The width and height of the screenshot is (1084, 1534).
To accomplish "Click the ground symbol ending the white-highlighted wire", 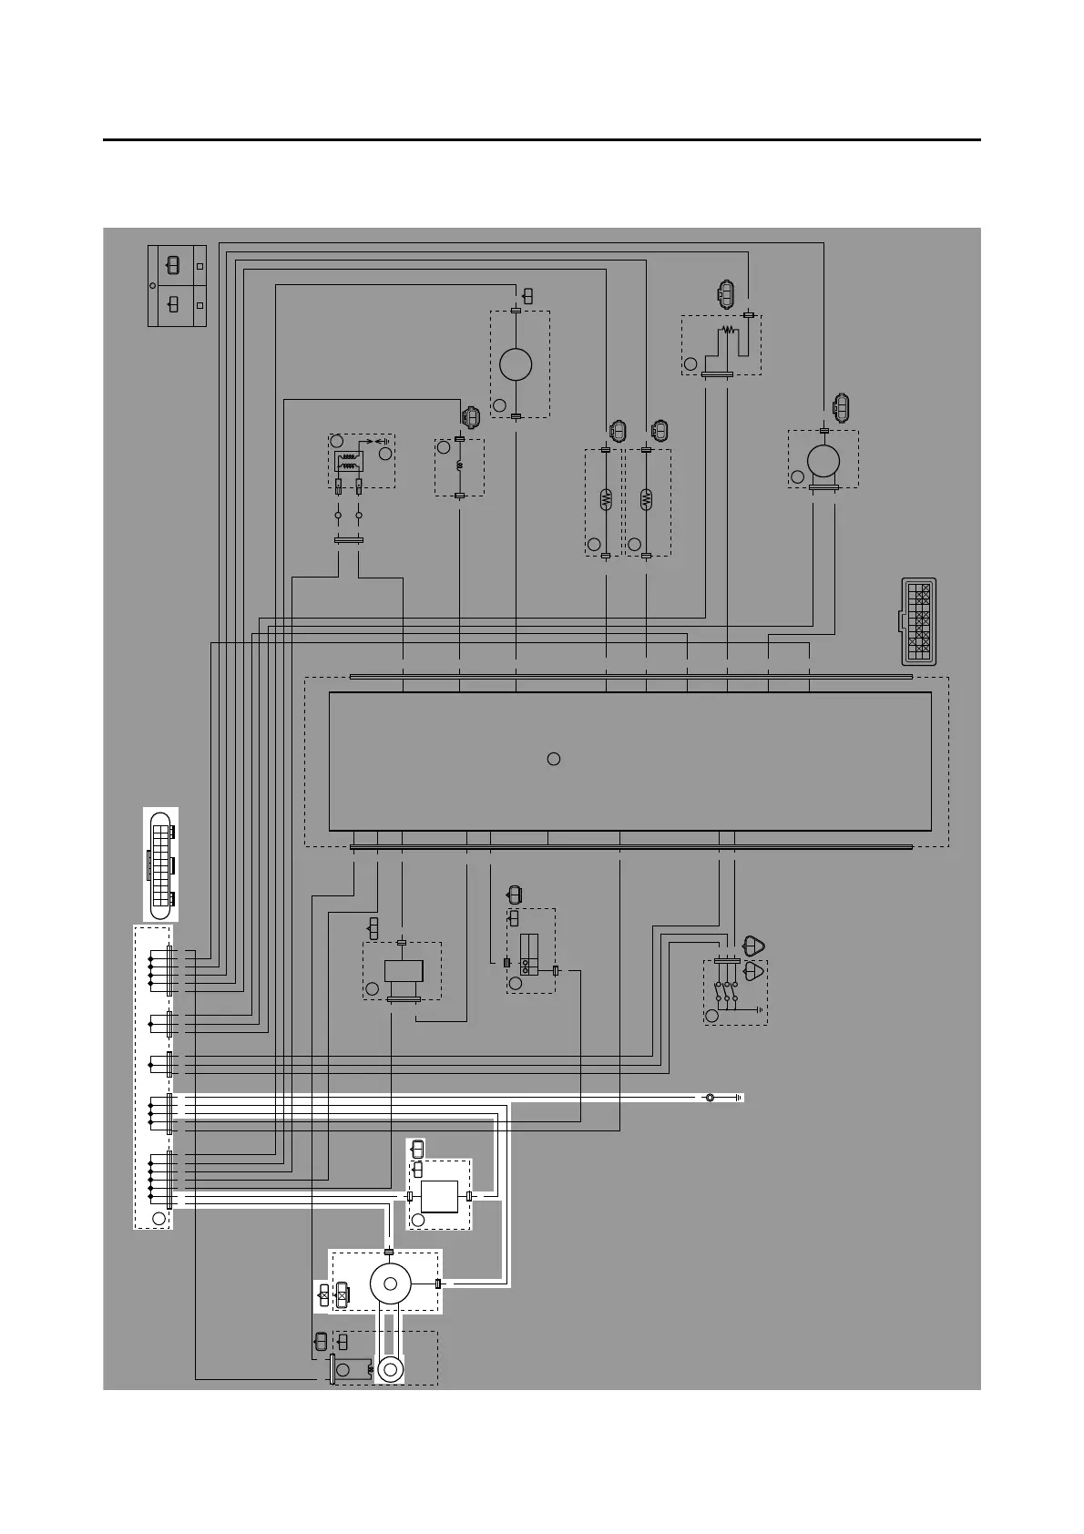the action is [x=739, y=1098].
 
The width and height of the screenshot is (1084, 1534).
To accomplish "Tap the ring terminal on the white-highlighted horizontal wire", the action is [x=710, y=1098].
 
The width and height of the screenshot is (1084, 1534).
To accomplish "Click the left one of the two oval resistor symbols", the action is [x=607, y=499].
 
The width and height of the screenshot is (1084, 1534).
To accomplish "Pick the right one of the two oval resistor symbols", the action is [x=646, y=499].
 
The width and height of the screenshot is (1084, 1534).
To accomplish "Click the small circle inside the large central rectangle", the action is [x=553, y=759].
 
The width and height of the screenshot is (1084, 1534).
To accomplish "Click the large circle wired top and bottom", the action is [x=516, y=364].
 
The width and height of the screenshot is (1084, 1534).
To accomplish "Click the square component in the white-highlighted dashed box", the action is [x=439, y=1196].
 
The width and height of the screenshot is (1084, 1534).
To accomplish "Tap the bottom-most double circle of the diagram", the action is [x=392, y=1370].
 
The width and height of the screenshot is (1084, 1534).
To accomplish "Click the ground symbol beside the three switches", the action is [x=758, y=1009].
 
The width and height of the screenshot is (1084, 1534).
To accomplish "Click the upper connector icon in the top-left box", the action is [x=173, y=266].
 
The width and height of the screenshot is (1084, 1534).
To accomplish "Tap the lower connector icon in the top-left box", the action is [x=173, y=304].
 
